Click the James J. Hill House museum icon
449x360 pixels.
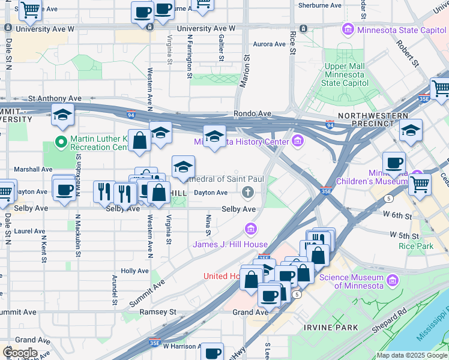(x=250, y=229)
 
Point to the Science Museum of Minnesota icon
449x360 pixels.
(x=393, y=280)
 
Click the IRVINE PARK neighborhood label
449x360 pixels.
(x=331, y=328)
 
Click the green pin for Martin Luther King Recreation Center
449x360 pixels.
(x=60, y=142)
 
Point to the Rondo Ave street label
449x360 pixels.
(x=253, y=113)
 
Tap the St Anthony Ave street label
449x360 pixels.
(x=55, y=98)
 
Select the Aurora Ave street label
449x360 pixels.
(x=269, y=44)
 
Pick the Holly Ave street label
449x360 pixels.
(x=134, y=271)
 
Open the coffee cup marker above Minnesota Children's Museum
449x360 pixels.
(x=394, y=163)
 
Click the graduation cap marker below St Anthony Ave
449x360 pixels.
(x=62, y=116)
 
